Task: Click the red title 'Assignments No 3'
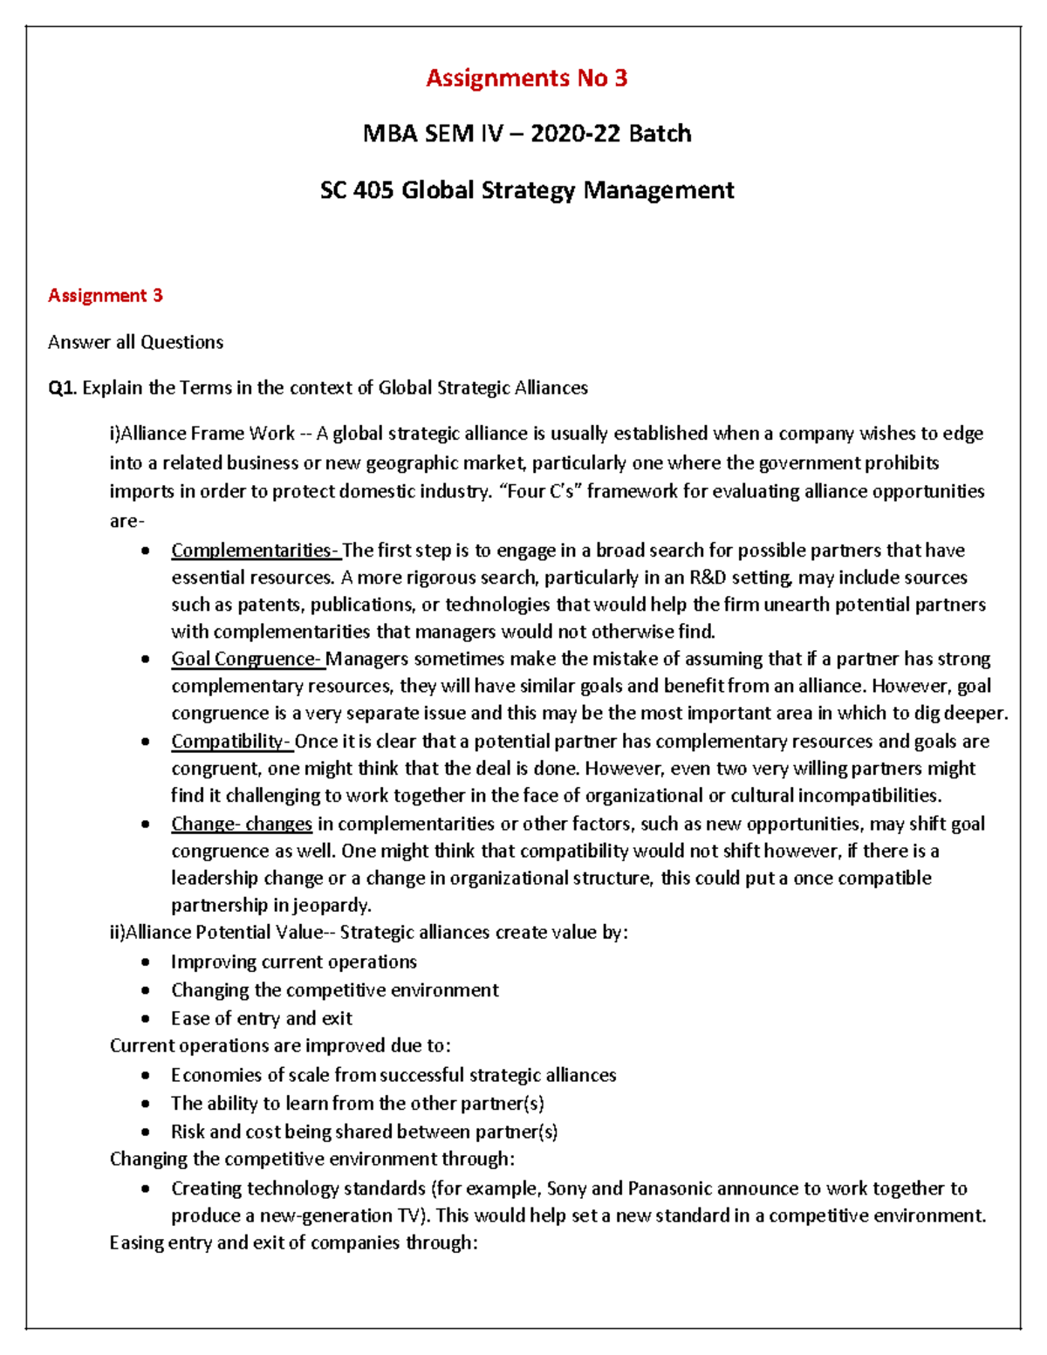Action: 526,79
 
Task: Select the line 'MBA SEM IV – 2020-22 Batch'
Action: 527,134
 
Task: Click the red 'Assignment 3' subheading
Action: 106,296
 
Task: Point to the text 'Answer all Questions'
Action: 135,342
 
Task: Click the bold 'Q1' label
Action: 61,388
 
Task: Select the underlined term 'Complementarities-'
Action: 255,551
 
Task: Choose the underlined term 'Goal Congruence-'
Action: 247,659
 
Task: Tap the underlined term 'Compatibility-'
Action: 231,742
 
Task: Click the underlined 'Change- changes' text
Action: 242,824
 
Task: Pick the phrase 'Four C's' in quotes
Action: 538,491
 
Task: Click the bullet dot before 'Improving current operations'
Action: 146,962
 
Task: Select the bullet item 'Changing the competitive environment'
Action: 334,990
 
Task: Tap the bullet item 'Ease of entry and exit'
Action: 261,1018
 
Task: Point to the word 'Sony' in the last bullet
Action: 567,1188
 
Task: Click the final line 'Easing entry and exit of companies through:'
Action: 293,1242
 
